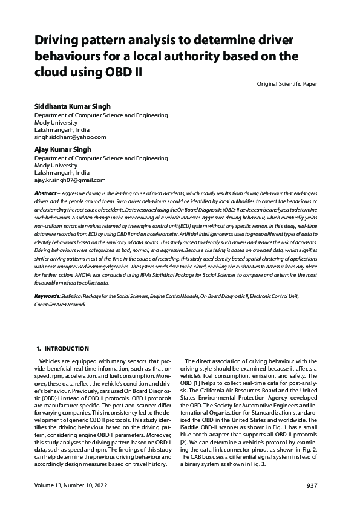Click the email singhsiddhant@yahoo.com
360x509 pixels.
[x=70, y=137]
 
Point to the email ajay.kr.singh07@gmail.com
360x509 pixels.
[x=70, y=180]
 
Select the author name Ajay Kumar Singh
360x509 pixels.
[x=62, y=148]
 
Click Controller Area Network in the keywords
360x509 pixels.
[x=61, y=305]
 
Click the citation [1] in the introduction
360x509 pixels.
[x=198, y=384]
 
